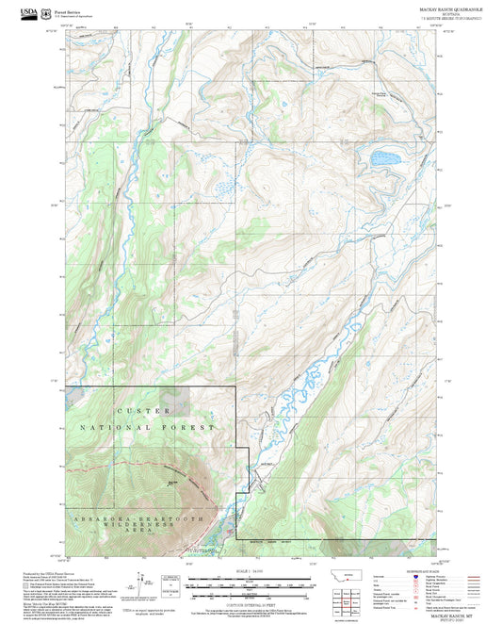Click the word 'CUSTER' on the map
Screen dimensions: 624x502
[142, 411]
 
